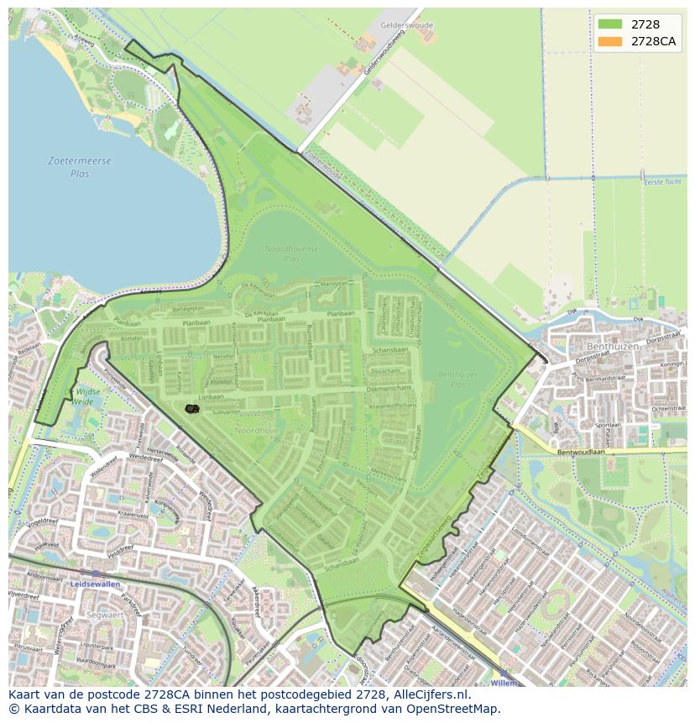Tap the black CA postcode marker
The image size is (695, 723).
[x=192, y=409]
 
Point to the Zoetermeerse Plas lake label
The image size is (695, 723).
[x=80, y=166]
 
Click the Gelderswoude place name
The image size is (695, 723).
[x=406, y=25]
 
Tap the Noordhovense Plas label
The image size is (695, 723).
[x=293, y=254]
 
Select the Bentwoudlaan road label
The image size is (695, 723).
[x=579, y=452]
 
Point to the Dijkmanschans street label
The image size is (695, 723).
[x=391, y=388]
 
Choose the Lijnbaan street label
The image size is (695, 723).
[x=212, y=395]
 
